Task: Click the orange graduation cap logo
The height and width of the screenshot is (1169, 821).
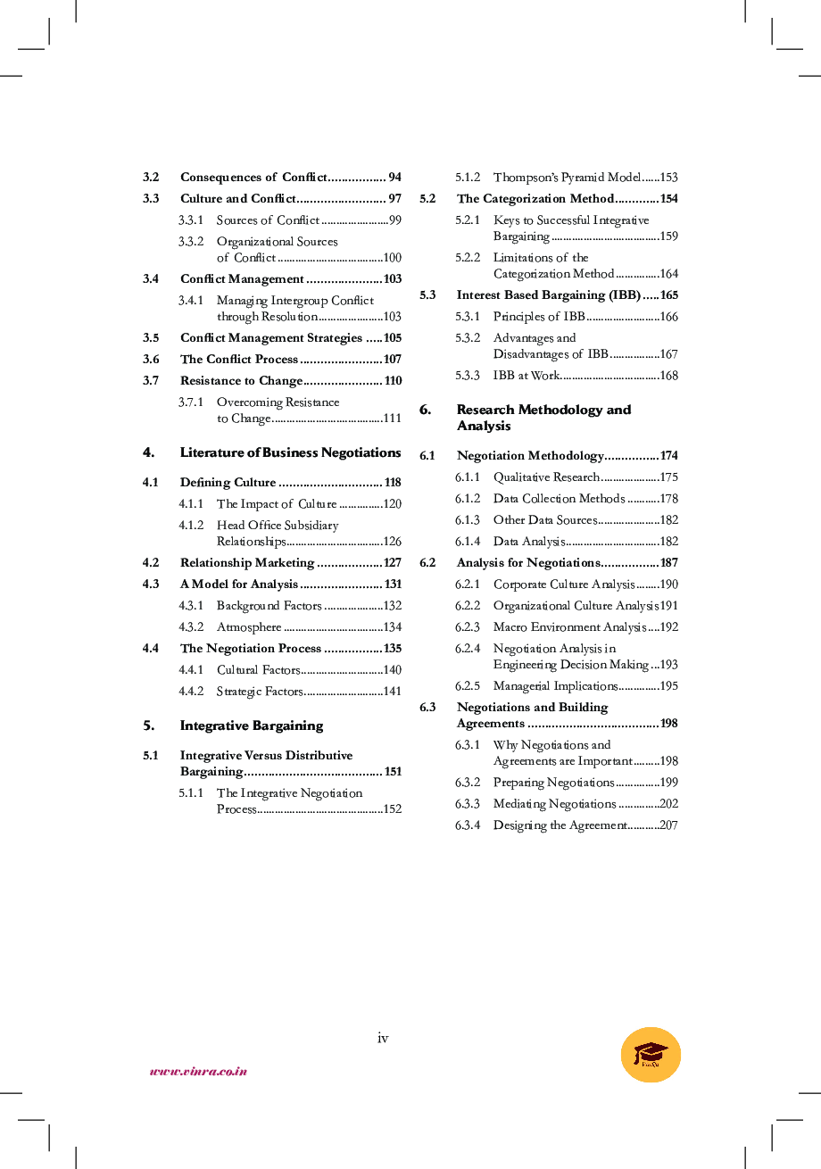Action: [x=651, y=1054]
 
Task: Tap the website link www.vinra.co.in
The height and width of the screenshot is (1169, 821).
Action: [x=198, y=1071]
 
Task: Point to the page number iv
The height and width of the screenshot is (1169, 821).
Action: [x=383, y=1037]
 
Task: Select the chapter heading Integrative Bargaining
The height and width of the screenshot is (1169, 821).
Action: [x=252, y=725]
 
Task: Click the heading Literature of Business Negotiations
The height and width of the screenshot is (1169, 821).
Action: [x=290, y=452]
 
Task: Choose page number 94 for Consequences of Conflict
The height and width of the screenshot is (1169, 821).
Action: [x=394, y=178]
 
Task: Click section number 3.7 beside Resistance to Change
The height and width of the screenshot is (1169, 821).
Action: [x=151, y=381]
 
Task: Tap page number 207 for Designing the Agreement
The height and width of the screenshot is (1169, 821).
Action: [x=668, y=825]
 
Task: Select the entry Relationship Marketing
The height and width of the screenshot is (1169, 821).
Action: [x=247, y=563]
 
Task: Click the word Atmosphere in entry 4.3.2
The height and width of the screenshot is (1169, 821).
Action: [x=249, y=627]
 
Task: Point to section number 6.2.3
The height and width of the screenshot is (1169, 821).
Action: [x=467, y=627]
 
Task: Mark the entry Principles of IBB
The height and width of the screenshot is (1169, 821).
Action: [x=539, y=317]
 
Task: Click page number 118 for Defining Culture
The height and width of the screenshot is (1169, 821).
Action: [x=393, y=483]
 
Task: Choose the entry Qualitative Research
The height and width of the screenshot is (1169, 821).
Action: [x=546, y=477]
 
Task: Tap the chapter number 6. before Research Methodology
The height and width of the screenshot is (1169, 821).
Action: [x=426, y=410]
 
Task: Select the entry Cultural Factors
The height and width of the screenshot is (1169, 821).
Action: [x=258, y=670]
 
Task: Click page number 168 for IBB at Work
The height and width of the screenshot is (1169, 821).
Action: [x=668, y=376]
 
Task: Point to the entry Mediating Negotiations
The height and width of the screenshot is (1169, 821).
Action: [x=554, y=804]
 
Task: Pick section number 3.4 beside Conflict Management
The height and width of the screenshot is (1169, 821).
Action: [x=151, y=279]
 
